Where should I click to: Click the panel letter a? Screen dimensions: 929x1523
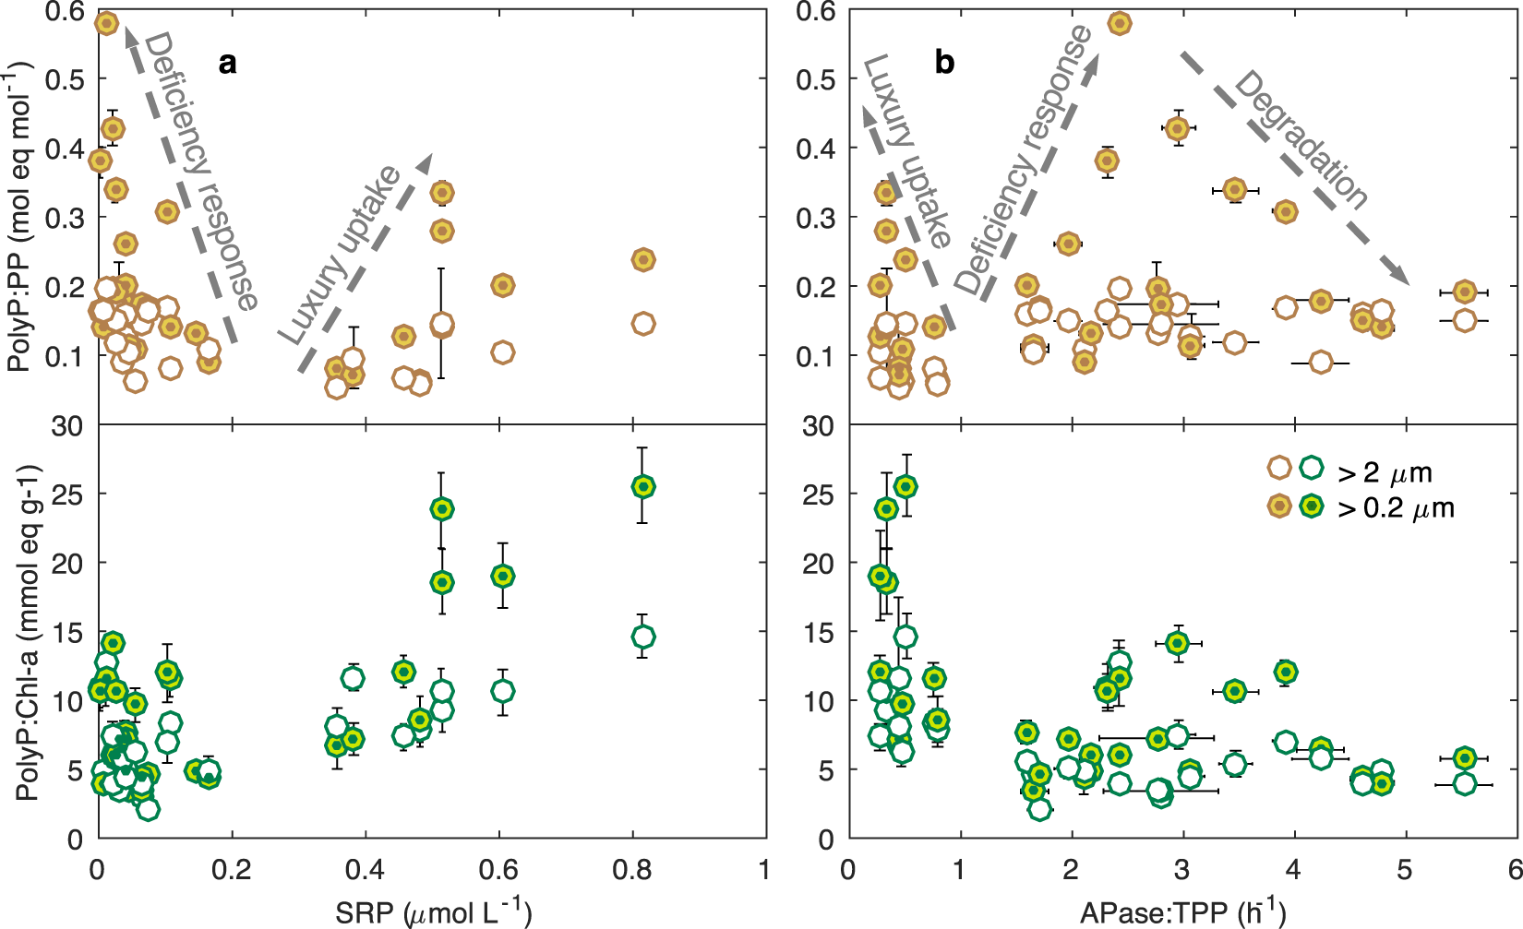227,63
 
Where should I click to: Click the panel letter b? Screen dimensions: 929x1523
944,63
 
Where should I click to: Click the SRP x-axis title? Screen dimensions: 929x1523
433,911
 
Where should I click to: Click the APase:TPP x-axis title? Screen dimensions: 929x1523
1183,911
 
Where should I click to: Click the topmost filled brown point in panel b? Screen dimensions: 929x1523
1120,23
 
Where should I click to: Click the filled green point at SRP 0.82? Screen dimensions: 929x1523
643,486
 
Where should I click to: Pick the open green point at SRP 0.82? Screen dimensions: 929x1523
643,637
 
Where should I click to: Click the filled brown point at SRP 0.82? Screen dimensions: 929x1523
643,260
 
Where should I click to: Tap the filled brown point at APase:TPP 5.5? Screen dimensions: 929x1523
1464,292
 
